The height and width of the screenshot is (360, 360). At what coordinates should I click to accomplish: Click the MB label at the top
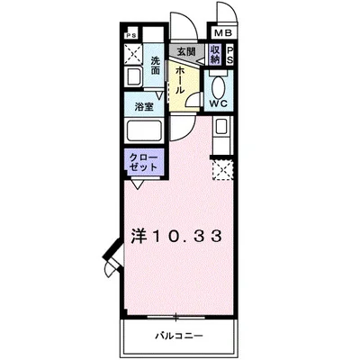pos(221,36)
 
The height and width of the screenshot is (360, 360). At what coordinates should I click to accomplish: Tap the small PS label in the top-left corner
pos(131,37)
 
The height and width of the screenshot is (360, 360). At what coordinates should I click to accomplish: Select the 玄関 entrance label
pos(185,53)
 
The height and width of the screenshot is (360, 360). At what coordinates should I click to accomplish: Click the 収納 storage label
pos(216,55)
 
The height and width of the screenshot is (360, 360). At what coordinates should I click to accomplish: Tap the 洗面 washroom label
pos(156,66)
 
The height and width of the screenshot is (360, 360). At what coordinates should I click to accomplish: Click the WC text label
pos(218,103)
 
